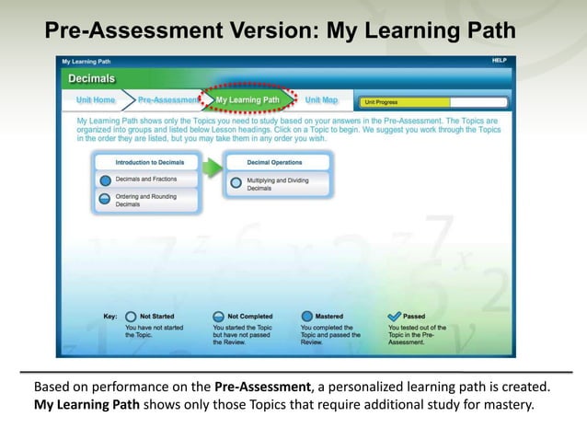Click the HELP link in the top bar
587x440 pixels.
click(x=500, y=61)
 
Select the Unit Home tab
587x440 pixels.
click(x=96, y=100)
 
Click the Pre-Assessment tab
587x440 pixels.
click(x=168, y=100)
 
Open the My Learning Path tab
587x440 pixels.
click(x=247, y=100)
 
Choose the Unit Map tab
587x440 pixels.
click(x=321, y=100)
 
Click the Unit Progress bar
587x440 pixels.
click(x=432, y=102)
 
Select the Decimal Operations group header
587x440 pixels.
click(x=275, y=162)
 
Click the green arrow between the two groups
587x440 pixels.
click(x=211, y=167)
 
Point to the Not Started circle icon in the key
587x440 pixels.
click(x=130, y=316)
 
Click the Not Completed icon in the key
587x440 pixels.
click(x=218, y=316)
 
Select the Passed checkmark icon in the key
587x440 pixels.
click(x=395, y=316)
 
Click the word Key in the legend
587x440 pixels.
click(x=109, y=317)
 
